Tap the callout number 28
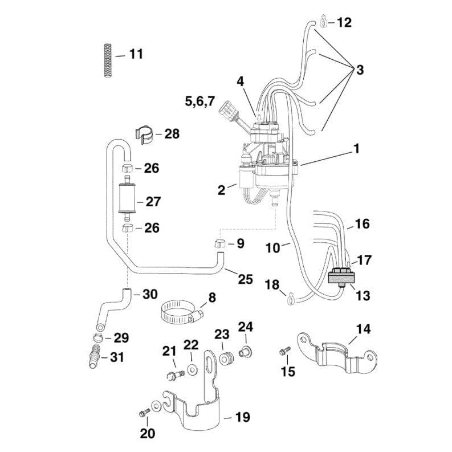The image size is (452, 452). click(x=171, y=135)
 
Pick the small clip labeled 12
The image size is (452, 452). click(x=324, y=23)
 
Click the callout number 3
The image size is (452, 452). click(x=359, y=71)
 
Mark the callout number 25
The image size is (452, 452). click(x=245, y=279)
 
